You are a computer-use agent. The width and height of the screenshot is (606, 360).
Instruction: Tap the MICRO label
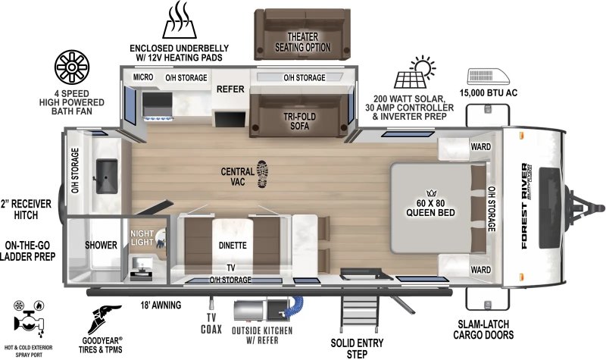(144, 77)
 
